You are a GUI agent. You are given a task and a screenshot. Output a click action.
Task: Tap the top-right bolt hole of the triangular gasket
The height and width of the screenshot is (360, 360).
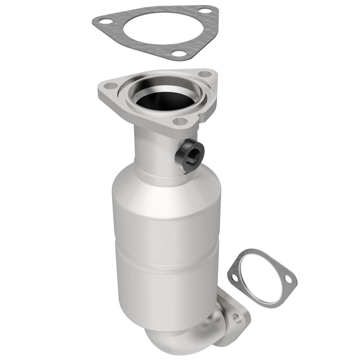point(205,10)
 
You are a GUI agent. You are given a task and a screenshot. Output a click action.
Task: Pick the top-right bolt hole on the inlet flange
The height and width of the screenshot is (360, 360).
point(204,74)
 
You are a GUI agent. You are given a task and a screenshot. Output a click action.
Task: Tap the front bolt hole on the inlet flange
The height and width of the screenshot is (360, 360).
point(180,121)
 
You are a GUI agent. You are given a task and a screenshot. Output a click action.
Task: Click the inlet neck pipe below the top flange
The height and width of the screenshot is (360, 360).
point(154,149)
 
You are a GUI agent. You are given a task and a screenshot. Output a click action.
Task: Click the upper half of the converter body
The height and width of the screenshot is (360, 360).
point(165,216)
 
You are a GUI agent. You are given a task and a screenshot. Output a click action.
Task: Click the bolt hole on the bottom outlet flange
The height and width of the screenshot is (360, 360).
point(237,318)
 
